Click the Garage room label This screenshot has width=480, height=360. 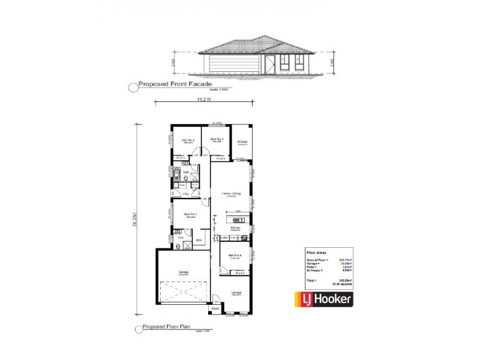click(183, 271)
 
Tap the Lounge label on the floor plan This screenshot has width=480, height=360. click(236, 292)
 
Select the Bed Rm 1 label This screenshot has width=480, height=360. click(190, 214)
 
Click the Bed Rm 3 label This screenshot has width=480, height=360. click(217, 139)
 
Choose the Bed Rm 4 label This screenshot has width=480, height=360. click(235, 255)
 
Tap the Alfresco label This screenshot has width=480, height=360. click(242, 142)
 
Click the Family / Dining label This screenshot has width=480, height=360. click(230, 194)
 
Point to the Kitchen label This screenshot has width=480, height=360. click(235, 228)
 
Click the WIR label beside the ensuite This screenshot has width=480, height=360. click(198, 240)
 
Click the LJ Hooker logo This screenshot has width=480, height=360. click(322, 298)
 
